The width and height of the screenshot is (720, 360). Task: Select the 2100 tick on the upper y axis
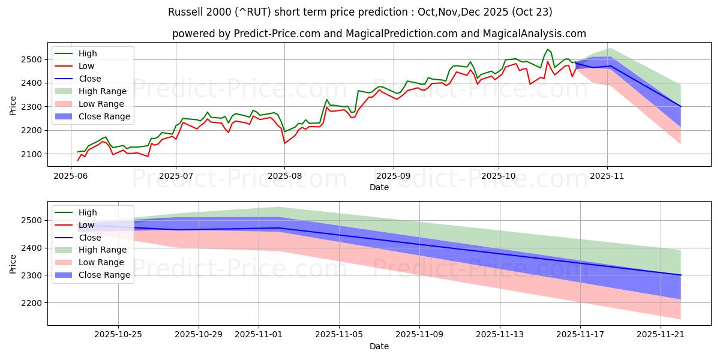pyautogui.click(x=33, y=154)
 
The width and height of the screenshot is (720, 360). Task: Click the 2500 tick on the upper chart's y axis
pyautogui.click(x=33, y=59)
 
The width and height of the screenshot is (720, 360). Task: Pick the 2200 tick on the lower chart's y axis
pyautogui.click(x=33, y=303)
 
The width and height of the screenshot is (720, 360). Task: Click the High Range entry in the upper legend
pyautogui.click(x=103, y=91)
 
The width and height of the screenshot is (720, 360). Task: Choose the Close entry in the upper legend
pyautogui.click(x=90, y=79)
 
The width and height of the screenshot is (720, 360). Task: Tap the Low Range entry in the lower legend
pyautogui.click(x=101, y=262)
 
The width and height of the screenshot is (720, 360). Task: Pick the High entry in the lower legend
pyautogui.click(x=88, y=212)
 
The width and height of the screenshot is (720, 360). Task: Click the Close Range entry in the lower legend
pyautogui.click(x=104, y=275)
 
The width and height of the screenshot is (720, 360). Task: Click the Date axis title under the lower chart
pyautogui.click(x=379, y=346)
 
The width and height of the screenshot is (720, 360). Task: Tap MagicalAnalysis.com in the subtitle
pyautogui.click(x=526, y=34)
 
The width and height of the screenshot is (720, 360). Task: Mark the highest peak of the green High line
pyautogui.click(x=548, y=49)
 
